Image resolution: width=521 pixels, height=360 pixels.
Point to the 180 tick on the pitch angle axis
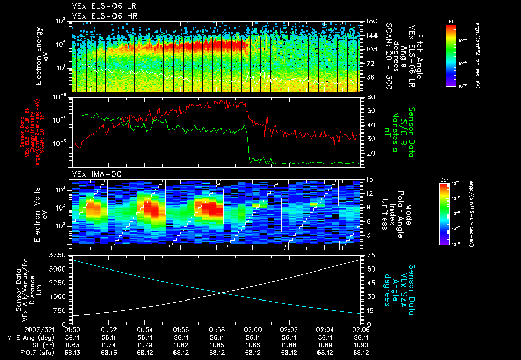point(371,21)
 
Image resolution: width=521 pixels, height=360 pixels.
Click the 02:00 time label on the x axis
point(253,329)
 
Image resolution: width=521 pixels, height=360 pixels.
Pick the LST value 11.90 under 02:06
point(361,344)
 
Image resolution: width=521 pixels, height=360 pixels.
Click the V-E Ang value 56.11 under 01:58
point(217,337)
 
